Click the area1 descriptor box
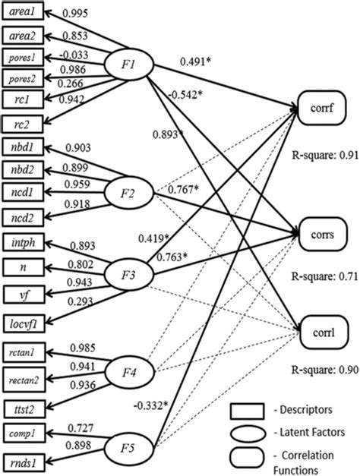26,14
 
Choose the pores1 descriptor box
26,58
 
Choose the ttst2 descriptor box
26,407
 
